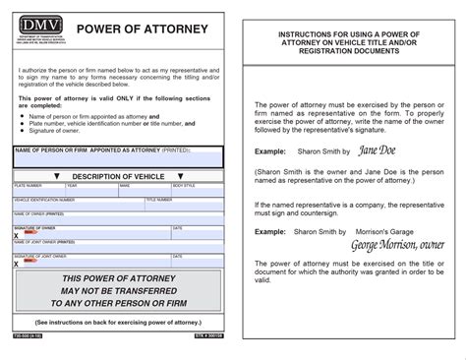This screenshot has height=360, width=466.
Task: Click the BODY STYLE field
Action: click(x=198, y=190)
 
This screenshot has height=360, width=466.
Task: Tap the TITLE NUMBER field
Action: click(x=187, y=204)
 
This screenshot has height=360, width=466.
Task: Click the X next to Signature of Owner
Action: click(x=17, y=236)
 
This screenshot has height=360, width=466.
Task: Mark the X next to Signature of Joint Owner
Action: click(x=17, y=263)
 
